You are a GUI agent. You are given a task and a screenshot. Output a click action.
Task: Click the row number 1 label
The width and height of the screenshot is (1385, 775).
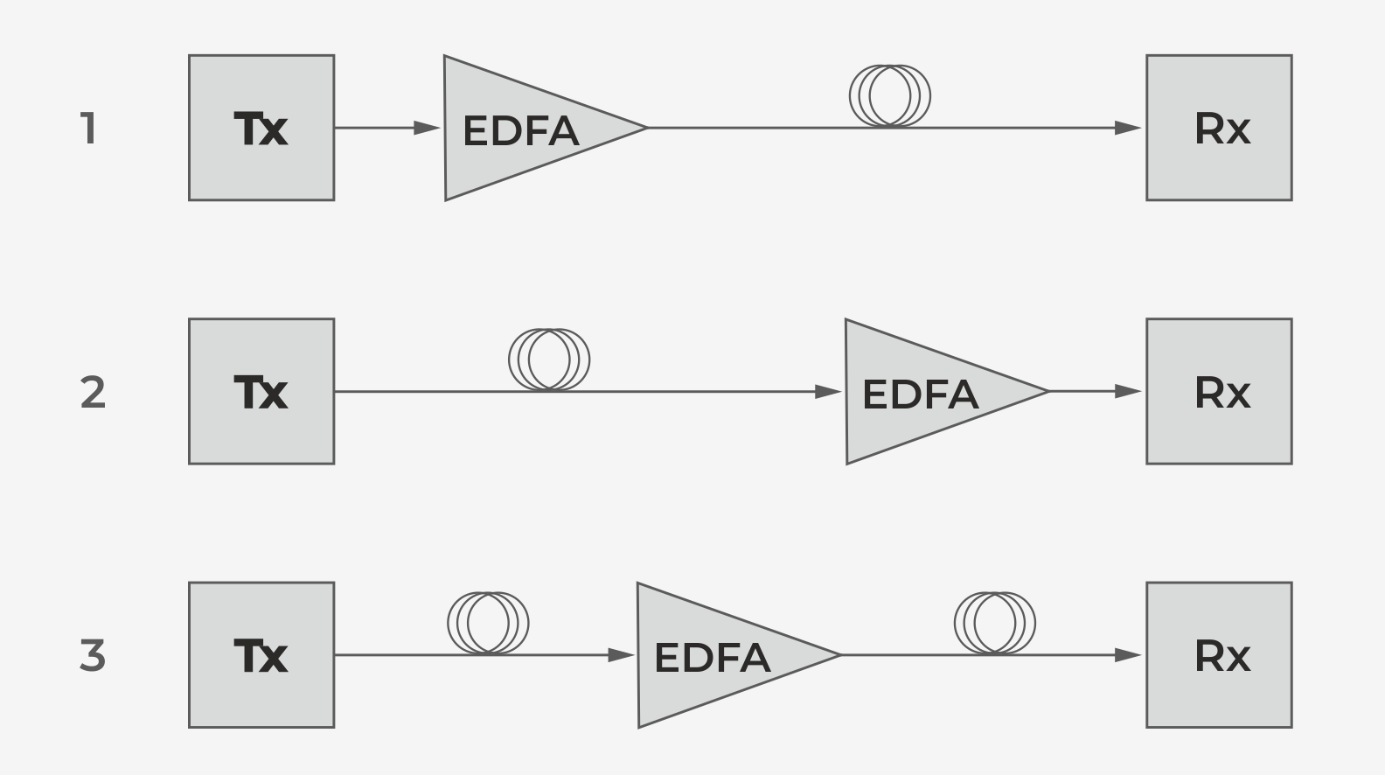[88, 129]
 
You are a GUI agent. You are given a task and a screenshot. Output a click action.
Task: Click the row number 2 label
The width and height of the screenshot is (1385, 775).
[93, 392]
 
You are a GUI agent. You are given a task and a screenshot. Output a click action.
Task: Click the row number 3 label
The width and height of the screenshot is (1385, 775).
[93, 655]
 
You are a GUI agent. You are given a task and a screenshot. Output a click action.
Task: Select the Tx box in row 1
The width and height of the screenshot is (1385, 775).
[261, 128]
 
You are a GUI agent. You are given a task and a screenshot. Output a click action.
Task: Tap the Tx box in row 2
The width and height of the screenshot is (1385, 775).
[261, 391]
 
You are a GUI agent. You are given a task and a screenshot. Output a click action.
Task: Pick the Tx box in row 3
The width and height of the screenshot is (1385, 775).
[261, 654]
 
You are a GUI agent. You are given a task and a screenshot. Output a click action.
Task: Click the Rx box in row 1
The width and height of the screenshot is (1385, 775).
[1219, 128]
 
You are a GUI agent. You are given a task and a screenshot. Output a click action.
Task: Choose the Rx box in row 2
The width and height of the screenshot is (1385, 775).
[1219, 391]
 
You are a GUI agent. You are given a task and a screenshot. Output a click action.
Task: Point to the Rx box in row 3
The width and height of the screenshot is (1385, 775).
[1219, 654]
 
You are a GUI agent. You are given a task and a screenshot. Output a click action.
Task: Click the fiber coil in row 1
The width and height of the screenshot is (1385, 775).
[890, 96]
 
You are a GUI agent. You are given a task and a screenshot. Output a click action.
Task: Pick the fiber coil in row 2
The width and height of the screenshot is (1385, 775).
[549, 360]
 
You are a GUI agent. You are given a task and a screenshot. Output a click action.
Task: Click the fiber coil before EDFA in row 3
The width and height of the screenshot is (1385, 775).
[488, 623]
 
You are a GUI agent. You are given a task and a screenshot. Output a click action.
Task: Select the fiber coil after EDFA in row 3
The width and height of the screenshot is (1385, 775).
[995, 623]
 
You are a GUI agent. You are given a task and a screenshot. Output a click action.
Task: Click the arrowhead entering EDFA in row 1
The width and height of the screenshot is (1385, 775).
[428, 128]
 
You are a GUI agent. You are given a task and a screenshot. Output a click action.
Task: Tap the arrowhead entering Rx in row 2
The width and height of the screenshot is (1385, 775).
[1129, 391]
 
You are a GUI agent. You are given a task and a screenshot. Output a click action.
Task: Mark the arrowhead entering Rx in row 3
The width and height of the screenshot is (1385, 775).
[1129, 654]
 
